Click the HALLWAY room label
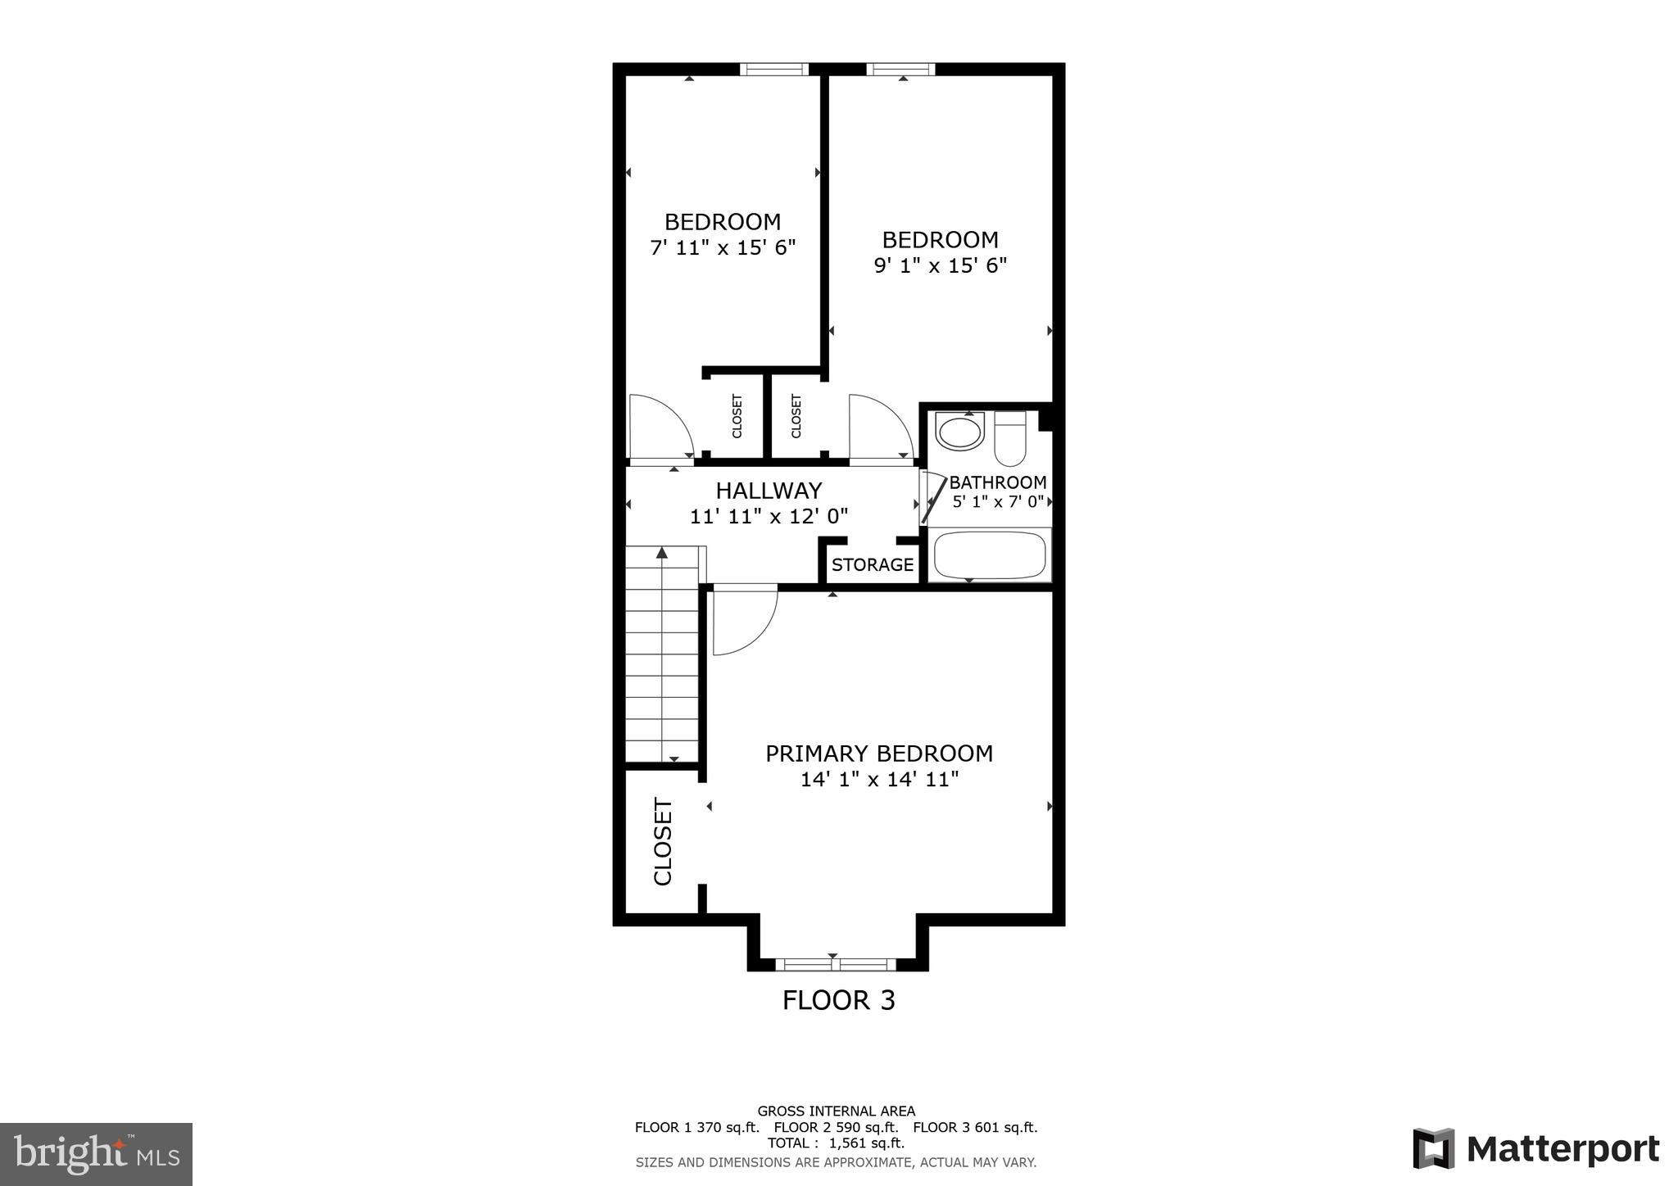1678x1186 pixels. click(x=769, y=491)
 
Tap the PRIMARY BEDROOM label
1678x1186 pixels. click(x=879, y=754)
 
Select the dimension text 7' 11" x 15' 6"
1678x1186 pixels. click(x=723, y=247)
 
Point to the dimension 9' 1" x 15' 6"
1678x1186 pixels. click(x=940, y=265)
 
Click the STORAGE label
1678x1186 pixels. click(x=872, y=564)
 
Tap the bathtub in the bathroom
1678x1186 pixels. click(x=990, y=555)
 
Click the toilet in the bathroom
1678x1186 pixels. click(x=1009, y=438)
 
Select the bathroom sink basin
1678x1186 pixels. click(x=959, y=432)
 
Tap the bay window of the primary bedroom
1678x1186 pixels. click(x=835, y=964)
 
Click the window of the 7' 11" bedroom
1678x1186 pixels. click(x=773, y=70)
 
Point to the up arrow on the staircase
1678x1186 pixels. click(x=661, y=554)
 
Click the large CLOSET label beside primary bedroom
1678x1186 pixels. click(x=663, y=841)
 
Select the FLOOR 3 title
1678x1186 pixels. click(x=838, y=1000)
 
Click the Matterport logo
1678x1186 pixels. click(x=1535, y=1149)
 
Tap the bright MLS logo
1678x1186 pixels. click(x=96, y=1155)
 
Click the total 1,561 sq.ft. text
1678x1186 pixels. click(x=836, y=1143)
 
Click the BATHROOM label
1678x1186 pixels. click(x=997, y=482)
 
